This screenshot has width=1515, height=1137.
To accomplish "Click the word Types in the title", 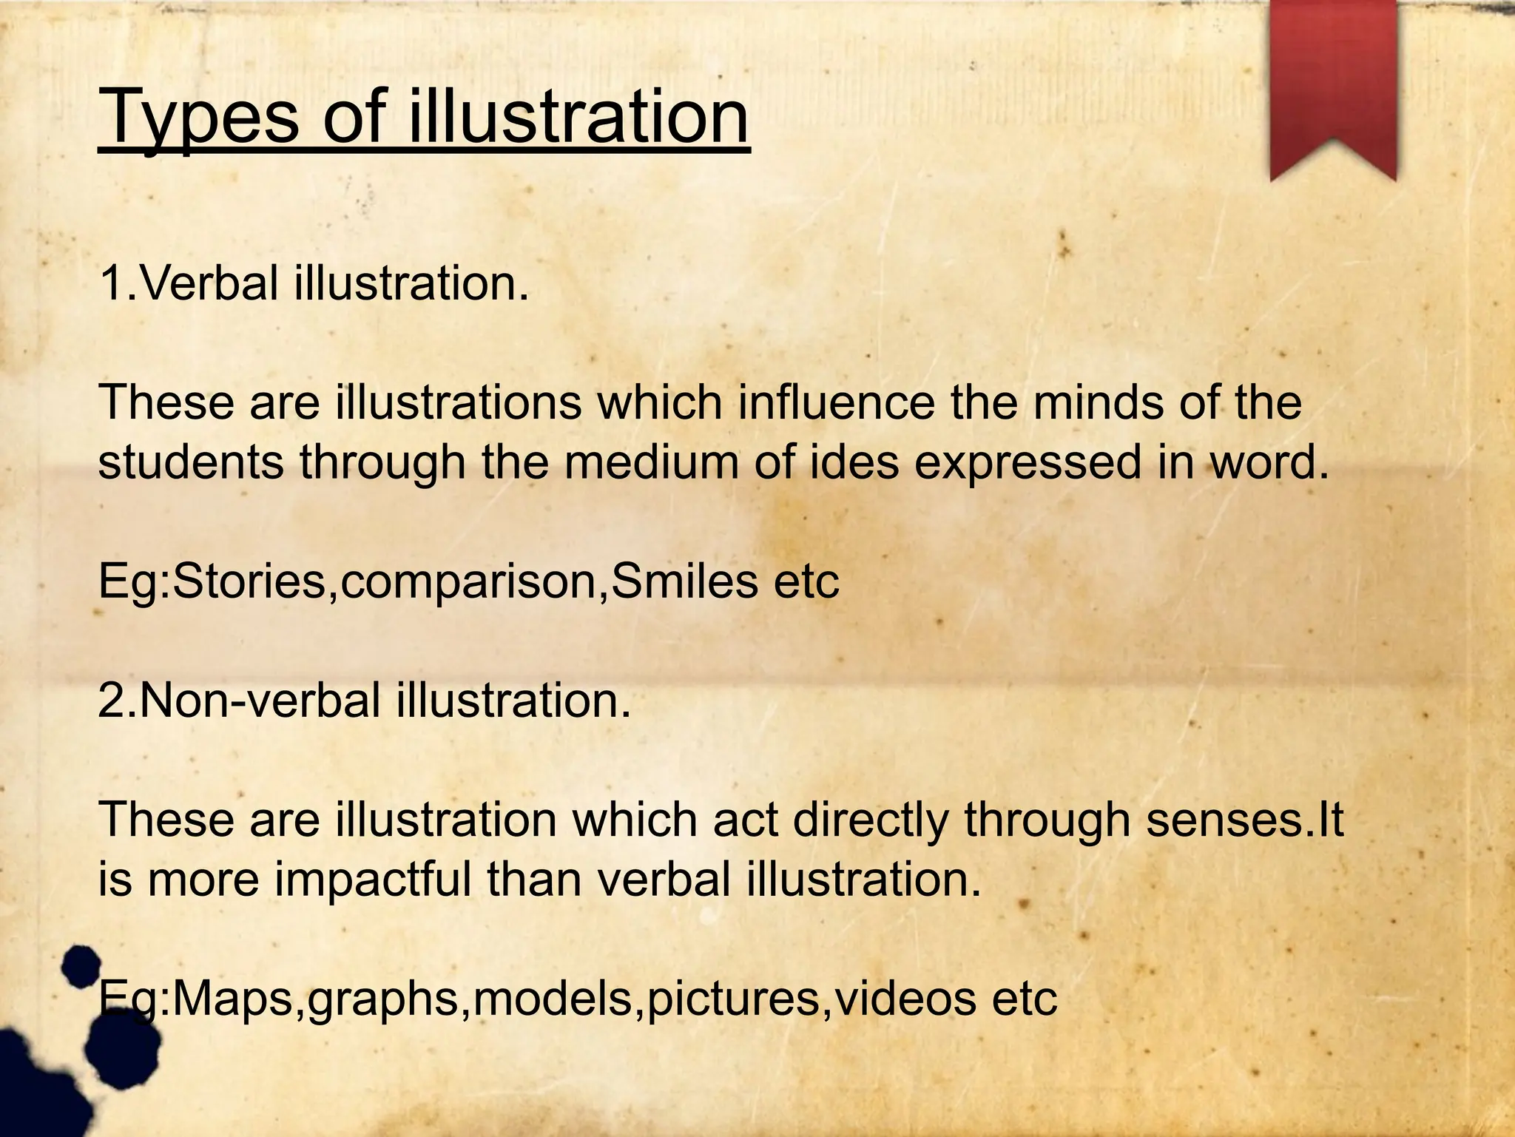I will point(198,118).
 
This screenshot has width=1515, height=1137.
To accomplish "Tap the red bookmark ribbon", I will point(1333,81).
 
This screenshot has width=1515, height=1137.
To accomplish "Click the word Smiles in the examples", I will point(685,581).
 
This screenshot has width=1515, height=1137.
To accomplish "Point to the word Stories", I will point(249,581).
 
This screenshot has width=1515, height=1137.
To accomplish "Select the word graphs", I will point(385,1000).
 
